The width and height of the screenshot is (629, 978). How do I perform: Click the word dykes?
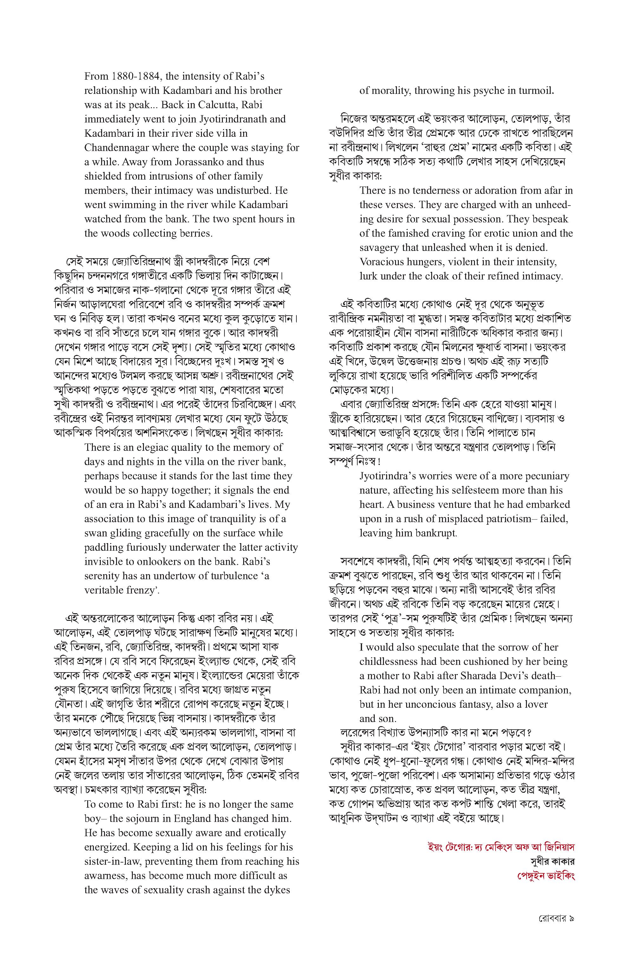click(277, 890)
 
